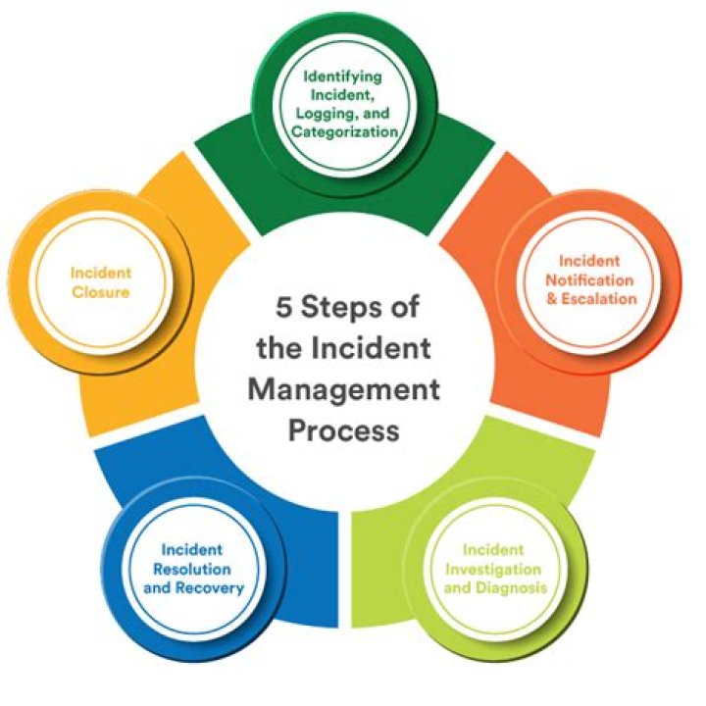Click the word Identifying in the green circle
[x=342, y=77]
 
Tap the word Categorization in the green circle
[x=345, y=131]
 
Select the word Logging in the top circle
[x=325, y=113]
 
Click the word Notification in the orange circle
[x=589, y=280]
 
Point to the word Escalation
[x=599, y=298]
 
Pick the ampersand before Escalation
[x=551, y=298]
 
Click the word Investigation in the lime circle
[x=493, y=570]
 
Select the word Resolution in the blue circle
[x=192, y=569]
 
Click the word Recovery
[x=210, y=588]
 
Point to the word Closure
[x=101, y=292]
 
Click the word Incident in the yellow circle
[x=101, y=273]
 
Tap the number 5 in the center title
[x=284, y=307]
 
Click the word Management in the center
[x=343, y=390]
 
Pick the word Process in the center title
[x=343, y=430]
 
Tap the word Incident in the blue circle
[x=192, y=550]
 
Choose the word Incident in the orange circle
[x=589, y=261]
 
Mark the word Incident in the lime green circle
[x=493, y=550]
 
